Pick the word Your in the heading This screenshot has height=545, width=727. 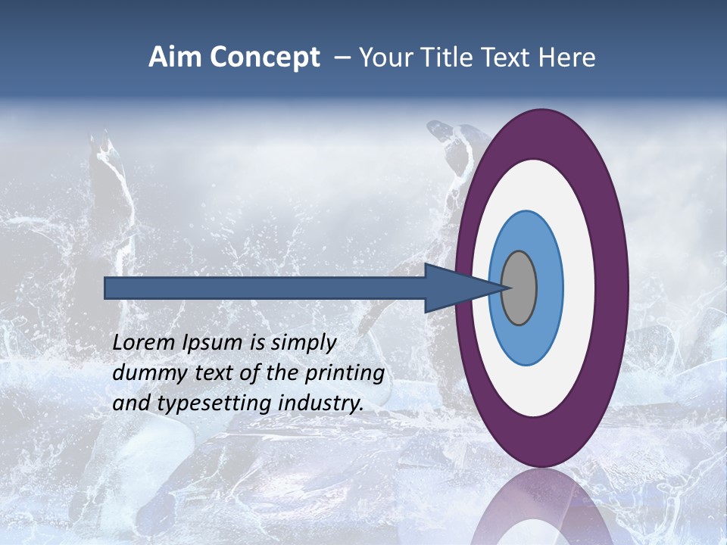(x=383, y=58)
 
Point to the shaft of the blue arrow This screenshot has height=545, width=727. (x=265, y=288)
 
